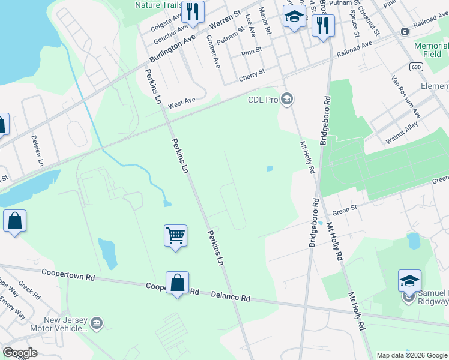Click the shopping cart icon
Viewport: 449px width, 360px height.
[x=175, y=235]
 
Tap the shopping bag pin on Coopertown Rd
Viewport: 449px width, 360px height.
[x=178, y=283]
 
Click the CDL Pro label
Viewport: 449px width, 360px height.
[x=263, y=100]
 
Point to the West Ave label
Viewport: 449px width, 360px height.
[x=182, y=103]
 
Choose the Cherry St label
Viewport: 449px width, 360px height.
[x=252, y=74]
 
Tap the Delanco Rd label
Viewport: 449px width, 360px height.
[x=231, y=296]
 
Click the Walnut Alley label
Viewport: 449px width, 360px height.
[x=402, y=135]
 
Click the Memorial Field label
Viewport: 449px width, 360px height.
[x=431, y=50]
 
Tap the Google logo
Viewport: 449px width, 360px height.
[x=20, y=353]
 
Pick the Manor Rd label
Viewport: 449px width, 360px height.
[x=265, y=20]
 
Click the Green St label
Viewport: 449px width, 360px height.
[x=345, y=210]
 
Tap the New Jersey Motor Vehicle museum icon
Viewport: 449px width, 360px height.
[x=96, y=325]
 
